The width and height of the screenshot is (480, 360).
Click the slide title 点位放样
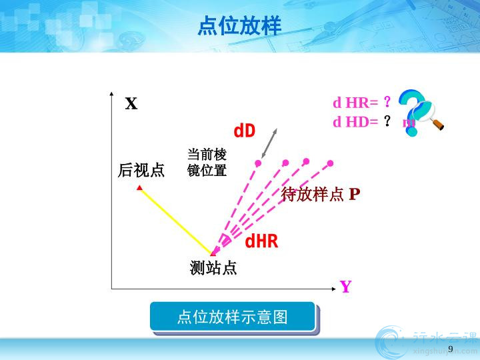tap(239, 26)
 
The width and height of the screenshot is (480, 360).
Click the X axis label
tap(131, 103)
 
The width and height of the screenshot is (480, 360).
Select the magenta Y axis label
tap(345, 287)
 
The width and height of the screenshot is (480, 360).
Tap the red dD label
tap(244, 131)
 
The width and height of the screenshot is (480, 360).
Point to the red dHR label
tap(261, 241)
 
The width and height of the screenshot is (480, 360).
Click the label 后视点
tap(141, 170)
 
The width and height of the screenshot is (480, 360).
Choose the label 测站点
tap(213, 268)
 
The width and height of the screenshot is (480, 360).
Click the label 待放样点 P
tap(320, 194)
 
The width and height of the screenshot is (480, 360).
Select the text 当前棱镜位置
tap(207, 163)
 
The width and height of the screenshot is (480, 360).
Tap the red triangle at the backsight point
tap(139, 187)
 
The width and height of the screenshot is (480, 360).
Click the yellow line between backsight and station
tap(176, 221)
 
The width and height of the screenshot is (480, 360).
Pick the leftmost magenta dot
tap(258, 163)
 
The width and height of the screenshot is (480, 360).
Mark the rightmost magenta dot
tap(330, 163)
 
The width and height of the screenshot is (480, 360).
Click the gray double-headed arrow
tap(269, 143)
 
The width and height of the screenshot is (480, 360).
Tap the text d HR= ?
tap(362, 102)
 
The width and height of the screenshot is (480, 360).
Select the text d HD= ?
tap(362, 122)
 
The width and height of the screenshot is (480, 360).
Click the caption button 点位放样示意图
tap(233, 317)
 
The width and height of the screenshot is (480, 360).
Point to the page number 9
tap(450, 349)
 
